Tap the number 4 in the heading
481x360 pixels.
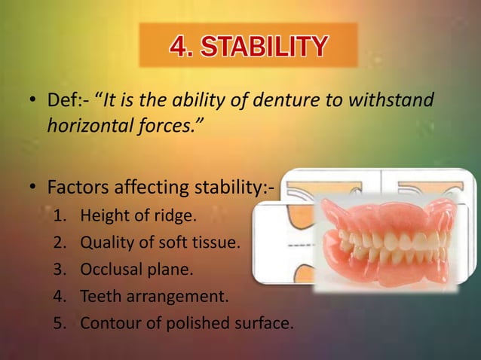pyautogui.click(x=180, y=47)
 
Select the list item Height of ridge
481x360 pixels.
pyautogui.click(x=137, y=216)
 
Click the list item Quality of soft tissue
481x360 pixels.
pyautogui.click(x=160, y=243)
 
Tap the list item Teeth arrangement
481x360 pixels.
pyautogui.click(x=154, y=296)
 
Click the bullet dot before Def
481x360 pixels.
pyautogui.click(x=32, y=101)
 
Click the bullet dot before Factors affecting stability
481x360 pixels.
pyautogui.click(x=32, y=185)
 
